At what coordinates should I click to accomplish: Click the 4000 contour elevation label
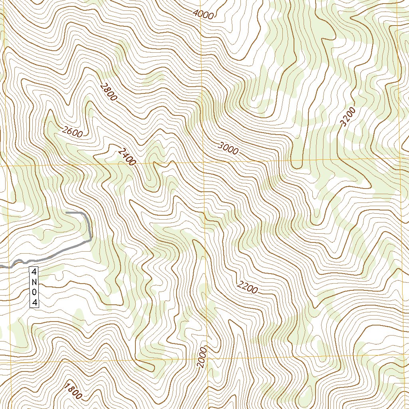203,14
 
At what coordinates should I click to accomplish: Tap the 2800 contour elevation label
109,92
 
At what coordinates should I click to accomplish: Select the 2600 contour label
72,131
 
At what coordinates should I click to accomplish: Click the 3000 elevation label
228,148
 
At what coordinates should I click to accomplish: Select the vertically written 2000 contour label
202,357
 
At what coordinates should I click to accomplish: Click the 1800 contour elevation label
73,391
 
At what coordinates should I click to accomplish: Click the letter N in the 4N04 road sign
35,282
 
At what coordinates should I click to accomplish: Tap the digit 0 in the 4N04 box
35,293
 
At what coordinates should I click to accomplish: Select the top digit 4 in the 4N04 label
35,272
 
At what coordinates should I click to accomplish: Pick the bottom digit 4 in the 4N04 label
35,303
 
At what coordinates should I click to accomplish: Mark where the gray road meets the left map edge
1,265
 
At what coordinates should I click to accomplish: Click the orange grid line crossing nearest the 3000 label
204,162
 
